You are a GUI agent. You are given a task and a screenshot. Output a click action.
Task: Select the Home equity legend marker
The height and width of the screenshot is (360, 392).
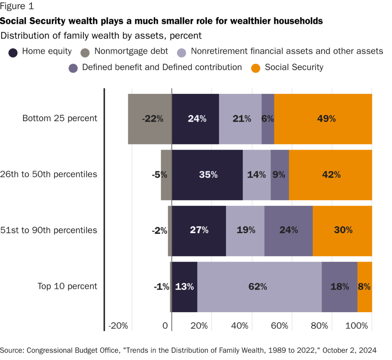pyautogui.click(x=13, y=52)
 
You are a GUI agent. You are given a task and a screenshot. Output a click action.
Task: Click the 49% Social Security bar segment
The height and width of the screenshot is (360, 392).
pyautogui.click(x=323, y=119)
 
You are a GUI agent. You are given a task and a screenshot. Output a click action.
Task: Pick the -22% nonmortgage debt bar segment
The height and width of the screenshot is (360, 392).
pyautogui.click(x=150, y=119)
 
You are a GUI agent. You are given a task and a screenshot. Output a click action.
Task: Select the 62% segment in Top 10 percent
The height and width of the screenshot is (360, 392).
pyautogui.click(x=259, y=287)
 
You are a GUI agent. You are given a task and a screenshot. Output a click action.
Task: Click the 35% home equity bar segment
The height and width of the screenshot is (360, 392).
pyautogui.click(x=207, y=175)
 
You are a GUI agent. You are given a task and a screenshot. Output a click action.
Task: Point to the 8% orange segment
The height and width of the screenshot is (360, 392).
pyautogui.click(x=364, y=287)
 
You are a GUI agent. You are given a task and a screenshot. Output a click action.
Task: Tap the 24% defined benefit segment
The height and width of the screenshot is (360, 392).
pyautogui.click(x=289, y=231)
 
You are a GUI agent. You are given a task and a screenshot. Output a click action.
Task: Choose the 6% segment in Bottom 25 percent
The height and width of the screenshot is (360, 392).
pyautogui.click(x=268, y=119)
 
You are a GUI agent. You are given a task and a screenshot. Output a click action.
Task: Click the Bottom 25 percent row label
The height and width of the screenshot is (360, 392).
pyautogui.click(x=59, y=118)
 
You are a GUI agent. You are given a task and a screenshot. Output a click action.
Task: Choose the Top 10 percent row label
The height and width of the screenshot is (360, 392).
pyautogui.click(x=67, y=286)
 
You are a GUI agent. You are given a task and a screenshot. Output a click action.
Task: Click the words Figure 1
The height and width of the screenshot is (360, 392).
pyautogui.click(x=17, y=6)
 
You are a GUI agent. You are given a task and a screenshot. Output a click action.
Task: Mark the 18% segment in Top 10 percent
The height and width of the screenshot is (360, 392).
pyautogui.click(x=339, y=287)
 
